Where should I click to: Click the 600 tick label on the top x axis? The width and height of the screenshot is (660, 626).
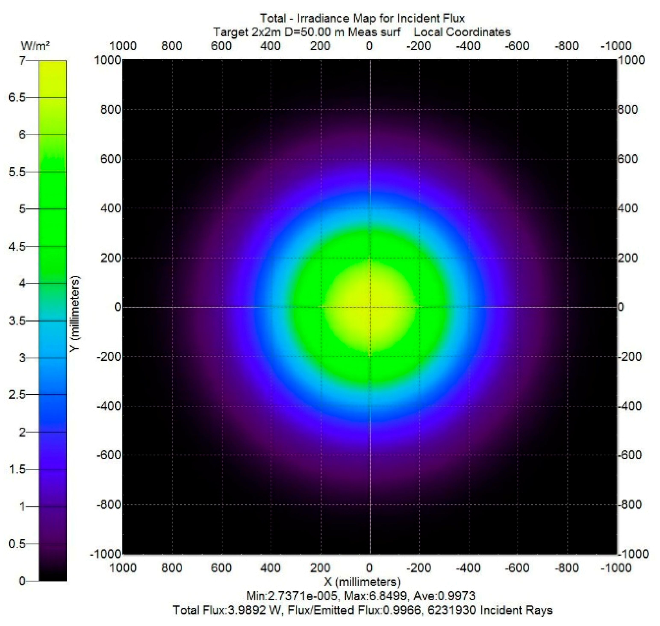pos(221,46)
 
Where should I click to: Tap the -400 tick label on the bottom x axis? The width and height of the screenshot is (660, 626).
pos(468,568)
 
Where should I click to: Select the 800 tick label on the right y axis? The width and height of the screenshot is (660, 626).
pos(628,110)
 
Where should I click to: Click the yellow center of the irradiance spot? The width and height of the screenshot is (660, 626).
pos(370,307)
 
